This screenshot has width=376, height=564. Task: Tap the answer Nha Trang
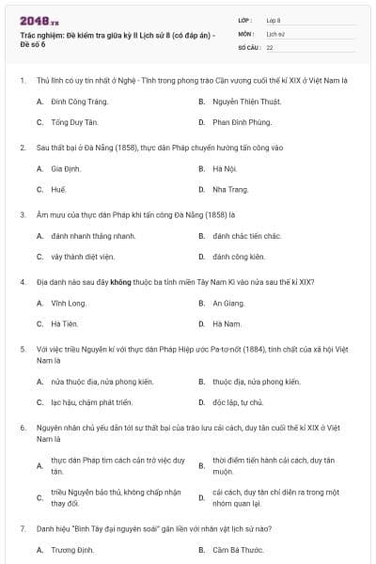230,189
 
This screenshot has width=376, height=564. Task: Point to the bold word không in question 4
119,281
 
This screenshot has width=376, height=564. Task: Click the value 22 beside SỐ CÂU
271,46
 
